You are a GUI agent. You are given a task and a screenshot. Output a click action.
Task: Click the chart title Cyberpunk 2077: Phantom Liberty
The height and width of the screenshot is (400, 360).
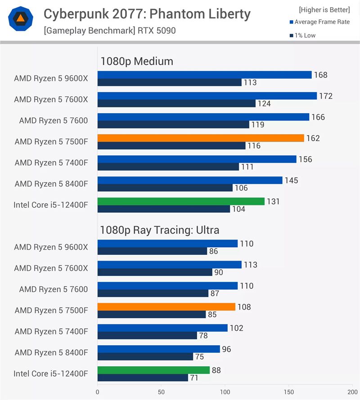pos(147,14)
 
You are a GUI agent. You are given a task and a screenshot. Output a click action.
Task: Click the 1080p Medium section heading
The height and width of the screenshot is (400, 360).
pos(137,61)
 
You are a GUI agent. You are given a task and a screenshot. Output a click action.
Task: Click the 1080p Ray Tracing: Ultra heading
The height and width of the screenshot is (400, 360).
pos(160,231)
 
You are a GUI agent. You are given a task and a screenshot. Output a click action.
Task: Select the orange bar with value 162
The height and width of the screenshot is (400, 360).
pos(201,138)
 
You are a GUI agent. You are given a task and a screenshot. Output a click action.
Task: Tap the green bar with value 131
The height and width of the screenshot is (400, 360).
pos(181,201)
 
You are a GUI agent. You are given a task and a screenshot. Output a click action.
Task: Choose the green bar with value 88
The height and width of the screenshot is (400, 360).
pos(153,370)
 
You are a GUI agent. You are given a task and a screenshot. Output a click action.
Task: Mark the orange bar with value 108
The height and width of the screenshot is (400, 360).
pos(166,307)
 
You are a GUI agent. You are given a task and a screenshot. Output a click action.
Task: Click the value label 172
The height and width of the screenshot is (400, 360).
pos(325,96)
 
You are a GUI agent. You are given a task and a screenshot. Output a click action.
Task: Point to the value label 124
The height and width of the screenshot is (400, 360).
pos(264,104)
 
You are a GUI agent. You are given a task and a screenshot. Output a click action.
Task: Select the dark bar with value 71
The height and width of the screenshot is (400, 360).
pos(143,378)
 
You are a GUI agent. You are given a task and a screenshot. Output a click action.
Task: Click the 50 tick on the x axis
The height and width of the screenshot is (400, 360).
pos(161,392)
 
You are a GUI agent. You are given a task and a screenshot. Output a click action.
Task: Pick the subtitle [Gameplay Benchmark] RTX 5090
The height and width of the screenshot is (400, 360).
pos(110,31)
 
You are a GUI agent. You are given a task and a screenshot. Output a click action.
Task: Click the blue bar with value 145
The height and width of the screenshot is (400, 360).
pos(190,180)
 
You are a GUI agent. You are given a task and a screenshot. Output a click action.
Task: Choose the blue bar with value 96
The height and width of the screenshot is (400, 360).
pos(158,349)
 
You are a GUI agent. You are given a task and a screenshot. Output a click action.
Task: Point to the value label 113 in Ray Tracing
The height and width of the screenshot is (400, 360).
pos(251,265)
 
